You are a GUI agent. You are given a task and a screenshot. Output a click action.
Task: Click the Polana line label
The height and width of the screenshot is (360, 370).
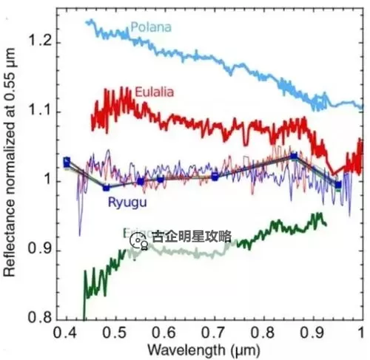click(x=151, y=28)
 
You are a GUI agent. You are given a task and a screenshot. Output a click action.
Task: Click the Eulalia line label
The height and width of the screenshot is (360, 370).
click(x=155, y=92)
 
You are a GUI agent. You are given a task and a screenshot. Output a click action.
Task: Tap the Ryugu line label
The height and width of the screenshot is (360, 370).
click(x=127, y=201)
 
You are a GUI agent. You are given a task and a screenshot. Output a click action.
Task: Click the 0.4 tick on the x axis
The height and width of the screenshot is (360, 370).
click(x=67, y=332)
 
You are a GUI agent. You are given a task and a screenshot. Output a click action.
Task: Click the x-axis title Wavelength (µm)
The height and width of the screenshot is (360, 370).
click(x=203, y=348)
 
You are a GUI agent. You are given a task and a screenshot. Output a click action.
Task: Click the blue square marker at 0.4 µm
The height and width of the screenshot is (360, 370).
click(x=67, y=160)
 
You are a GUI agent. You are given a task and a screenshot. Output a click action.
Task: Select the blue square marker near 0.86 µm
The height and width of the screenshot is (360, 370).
click(x=294, y=156)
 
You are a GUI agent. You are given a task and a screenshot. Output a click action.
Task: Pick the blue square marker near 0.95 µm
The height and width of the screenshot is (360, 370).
click(x=338, y=185)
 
